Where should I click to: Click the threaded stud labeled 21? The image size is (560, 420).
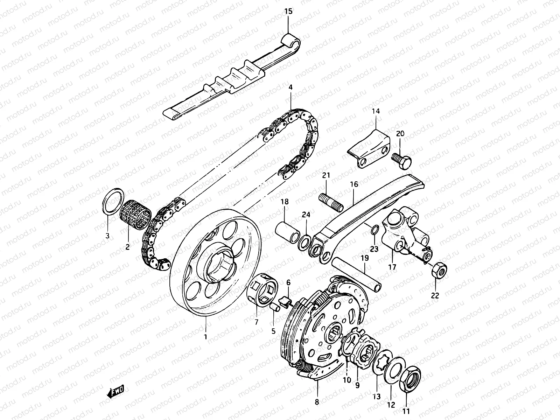pyautogui.click(x=330, y=202)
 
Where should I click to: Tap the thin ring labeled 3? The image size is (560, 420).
pyautogui.click(x=113, y=202)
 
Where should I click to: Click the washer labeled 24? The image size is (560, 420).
pyautogui.click(x=305, y=242)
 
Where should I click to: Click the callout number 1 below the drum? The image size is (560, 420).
pyautogui.click(x=205, y=337)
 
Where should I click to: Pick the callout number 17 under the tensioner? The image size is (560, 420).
pyautogui.click(x=392, y=267)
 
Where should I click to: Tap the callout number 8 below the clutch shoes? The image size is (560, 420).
pyautogui.click(x=317, y=402)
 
